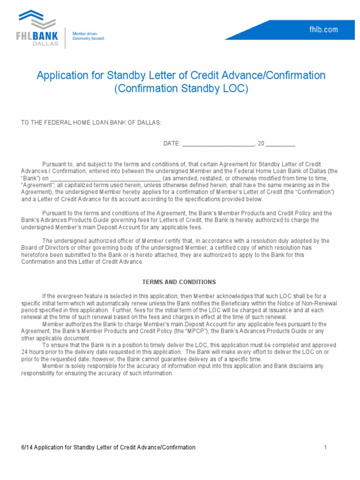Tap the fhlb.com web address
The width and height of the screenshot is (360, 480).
tap(323, 30)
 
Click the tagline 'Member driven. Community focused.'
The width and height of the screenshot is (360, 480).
tap(88, 36)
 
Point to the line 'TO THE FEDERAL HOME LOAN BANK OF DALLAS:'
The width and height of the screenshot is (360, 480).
tap(91, 123)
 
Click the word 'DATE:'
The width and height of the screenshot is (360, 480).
tap(172, 144)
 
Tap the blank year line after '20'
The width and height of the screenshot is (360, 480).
tap(280, 144)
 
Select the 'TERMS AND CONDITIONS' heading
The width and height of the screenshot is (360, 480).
tap(179, 282)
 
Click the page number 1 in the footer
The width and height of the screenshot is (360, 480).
tap(325, 448)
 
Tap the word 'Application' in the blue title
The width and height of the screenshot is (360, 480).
tap(60, 75)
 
